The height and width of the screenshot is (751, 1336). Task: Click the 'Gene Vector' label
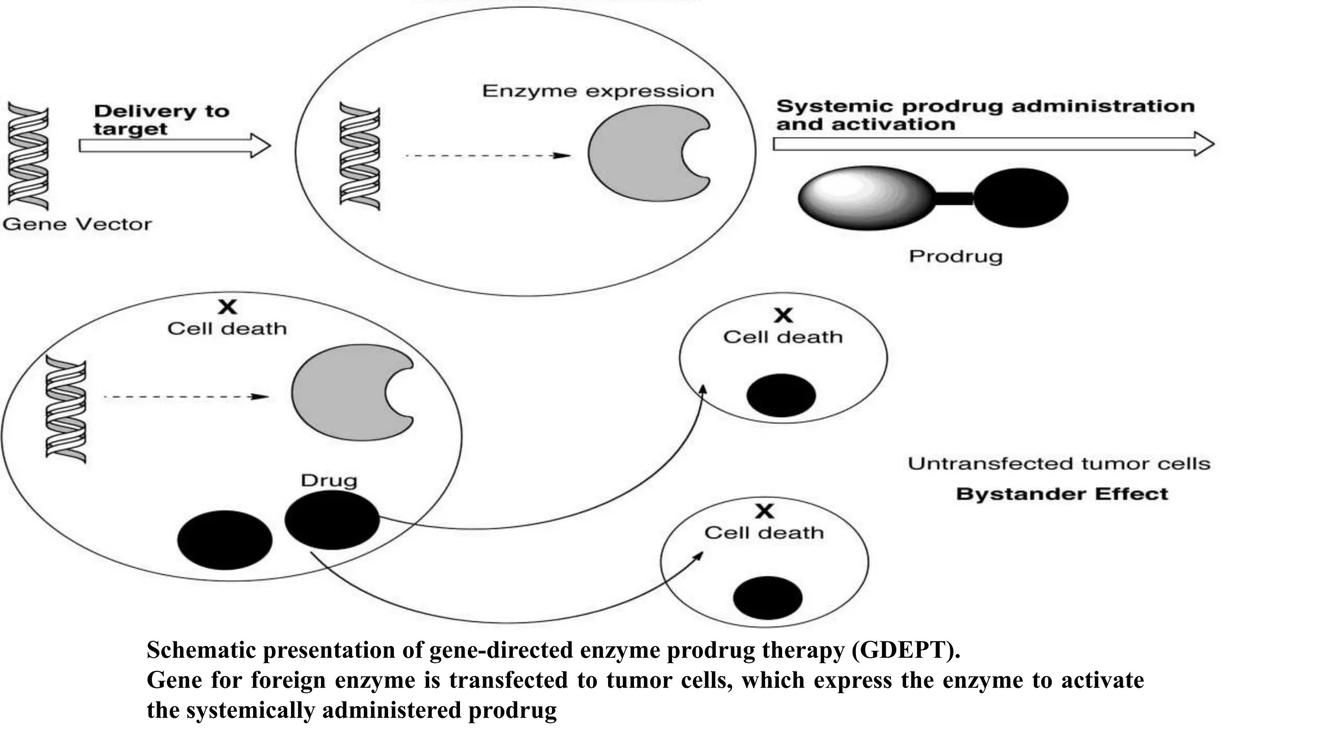tap(77, 224)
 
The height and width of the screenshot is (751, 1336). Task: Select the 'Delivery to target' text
tap(161, 120)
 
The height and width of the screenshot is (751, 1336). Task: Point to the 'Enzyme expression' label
tap(598, 91)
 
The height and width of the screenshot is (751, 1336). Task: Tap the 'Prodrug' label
tap(955, 256)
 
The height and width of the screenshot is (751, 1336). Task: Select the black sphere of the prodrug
tap(1020, 198)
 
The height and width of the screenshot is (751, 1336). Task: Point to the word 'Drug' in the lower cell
tap(329, 481)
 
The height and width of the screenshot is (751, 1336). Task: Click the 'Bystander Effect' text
tap(1061, 494)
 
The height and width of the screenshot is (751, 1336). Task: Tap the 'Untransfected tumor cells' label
tap(1059, 464)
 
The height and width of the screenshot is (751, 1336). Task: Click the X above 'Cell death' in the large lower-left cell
tap(227, 306)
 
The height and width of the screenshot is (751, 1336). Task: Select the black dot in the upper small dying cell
tap(781, 395)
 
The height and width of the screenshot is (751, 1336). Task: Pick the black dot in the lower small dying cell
tap(768, 597)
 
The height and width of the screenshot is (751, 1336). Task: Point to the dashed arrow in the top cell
tap(487, 156)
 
